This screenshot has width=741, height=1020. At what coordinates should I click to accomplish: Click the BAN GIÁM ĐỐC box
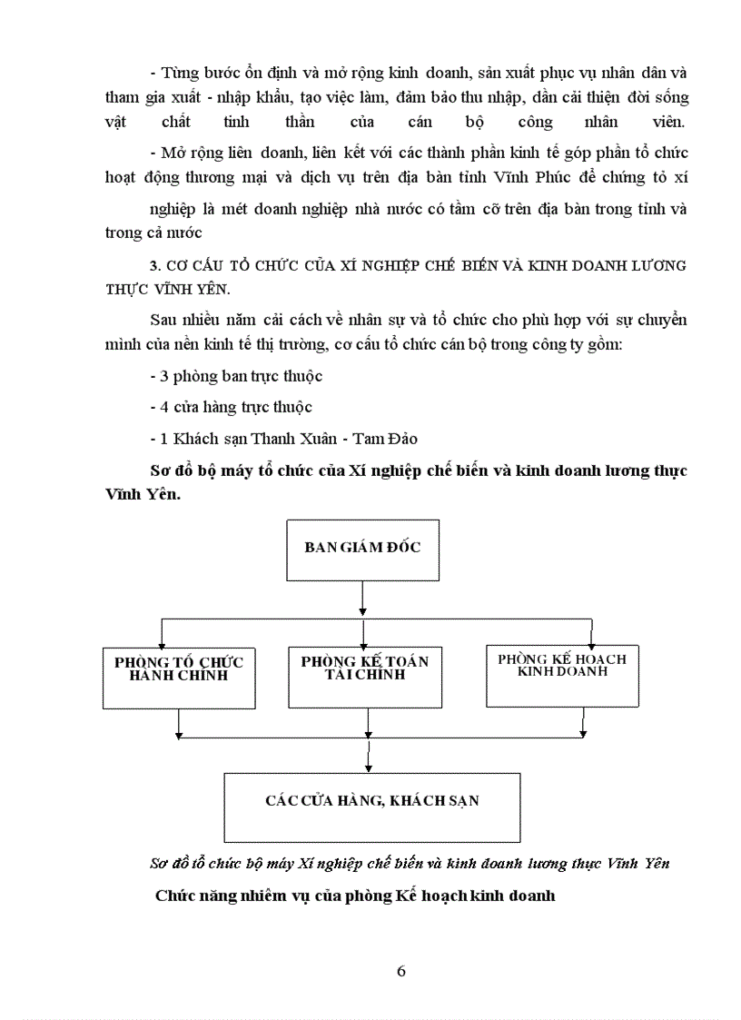tap(361, 550)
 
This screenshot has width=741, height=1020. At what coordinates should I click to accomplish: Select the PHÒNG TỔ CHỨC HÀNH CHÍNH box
tap(179, 677)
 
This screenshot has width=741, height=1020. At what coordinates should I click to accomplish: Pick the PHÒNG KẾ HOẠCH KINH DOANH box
tap(561, 674)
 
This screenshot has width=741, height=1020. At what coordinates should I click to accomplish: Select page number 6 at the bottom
tap(401, 969)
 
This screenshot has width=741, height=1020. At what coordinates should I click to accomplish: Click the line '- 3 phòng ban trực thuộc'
tap(236, 376)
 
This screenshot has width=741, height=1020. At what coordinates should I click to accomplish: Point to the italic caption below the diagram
tap(409, 863)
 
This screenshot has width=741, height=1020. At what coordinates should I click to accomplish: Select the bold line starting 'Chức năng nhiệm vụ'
tap(354, 896)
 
